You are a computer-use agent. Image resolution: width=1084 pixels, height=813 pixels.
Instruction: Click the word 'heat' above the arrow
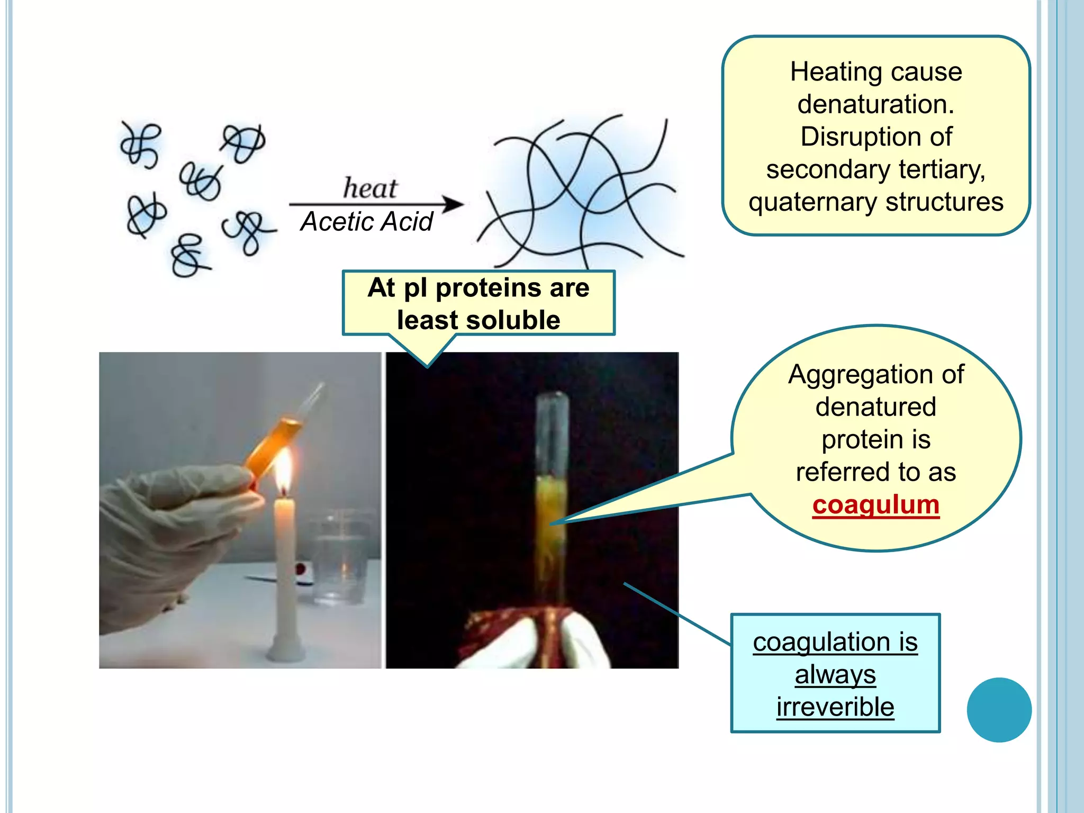tap(370, 188)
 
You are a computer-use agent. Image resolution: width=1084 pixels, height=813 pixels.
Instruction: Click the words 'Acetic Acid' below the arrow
tap(366, 221)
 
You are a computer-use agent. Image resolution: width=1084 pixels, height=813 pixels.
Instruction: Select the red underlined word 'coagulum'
tap(875, 504)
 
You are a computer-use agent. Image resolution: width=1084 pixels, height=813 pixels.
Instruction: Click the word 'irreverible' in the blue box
tap(835, 707)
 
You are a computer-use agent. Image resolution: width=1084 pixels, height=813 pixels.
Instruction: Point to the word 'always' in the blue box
tap(835, 674)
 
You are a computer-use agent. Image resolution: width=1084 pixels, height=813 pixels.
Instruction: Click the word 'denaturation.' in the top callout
tap(875, 104)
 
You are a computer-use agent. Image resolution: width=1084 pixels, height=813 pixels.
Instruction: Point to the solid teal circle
tap(999, 710)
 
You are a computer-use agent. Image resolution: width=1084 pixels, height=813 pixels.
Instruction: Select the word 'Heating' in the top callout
tap(826, 72)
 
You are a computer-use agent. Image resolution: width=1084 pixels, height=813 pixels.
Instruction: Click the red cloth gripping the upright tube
tap(508, 627)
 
